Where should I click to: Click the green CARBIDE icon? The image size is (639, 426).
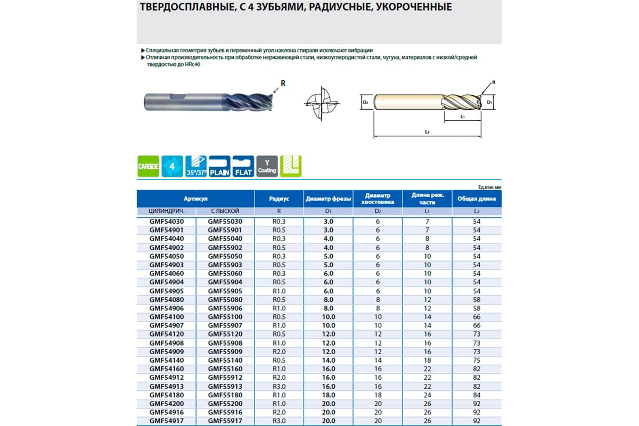point(149,167)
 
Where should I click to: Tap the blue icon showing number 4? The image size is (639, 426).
point(172,167)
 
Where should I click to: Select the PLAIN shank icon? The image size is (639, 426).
point(219,167)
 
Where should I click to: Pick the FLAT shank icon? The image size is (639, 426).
point(243,167)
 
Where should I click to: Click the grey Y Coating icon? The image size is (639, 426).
point(267,167)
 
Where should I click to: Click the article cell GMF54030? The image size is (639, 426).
point(166,221)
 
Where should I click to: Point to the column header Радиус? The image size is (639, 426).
point(279,199)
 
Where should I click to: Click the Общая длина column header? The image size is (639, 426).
point(477,199)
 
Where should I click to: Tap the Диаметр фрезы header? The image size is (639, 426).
point(329,199)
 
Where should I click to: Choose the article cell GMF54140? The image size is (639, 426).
point(166,360)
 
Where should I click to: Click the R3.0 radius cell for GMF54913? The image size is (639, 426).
point(279,386)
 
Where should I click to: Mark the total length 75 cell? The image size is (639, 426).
point(477,360)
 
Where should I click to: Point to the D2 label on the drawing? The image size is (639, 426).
point(366,101)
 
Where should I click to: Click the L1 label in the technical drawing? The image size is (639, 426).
point(463,116)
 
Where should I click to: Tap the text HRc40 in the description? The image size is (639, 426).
point(198,65)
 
